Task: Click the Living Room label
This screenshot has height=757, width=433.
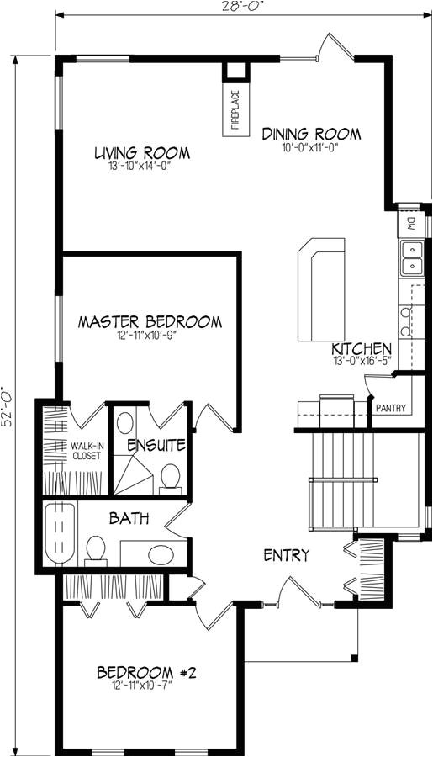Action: click(141, 153)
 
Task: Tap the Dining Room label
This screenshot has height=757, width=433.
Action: click(311, 134)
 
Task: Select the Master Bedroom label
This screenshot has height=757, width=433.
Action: click(150, 321)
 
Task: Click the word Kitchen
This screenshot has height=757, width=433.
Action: click(362, 349)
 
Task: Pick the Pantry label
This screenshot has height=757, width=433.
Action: click(391, 409)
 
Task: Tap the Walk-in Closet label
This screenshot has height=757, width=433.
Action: click(86, 451)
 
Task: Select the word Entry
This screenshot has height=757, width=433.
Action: click(287, 555)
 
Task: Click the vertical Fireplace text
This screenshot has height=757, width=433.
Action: click(235, 111)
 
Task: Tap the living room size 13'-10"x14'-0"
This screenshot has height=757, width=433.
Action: click(141, 167)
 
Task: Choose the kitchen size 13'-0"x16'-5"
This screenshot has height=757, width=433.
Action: click(362, 362)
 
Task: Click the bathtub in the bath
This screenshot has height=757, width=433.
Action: click(59, 532)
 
